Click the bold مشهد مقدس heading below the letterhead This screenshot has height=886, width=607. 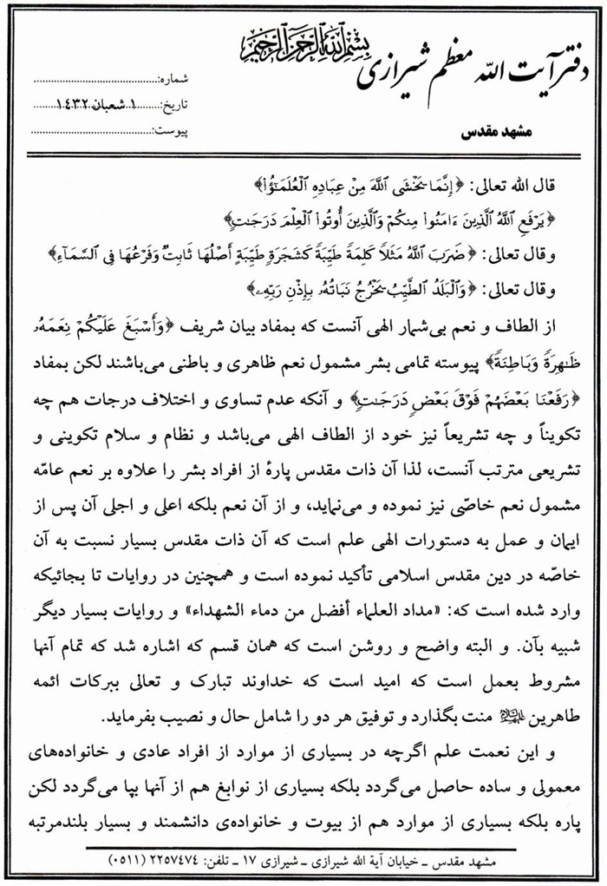(486, 137)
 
